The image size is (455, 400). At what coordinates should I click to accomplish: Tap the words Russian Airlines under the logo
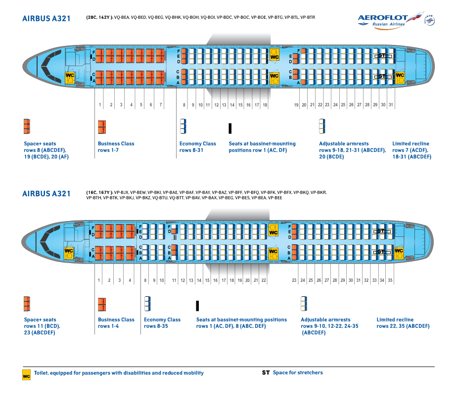tap(389, 24)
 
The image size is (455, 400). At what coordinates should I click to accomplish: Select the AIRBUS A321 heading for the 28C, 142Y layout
tap(46, 18)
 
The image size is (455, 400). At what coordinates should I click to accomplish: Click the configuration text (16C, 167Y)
tap(98, 192)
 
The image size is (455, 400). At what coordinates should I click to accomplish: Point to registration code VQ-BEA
tap(123, 17)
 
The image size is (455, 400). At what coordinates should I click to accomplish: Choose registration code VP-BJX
tap(122, 192)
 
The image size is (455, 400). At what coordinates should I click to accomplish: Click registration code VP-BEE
tap(274, 198)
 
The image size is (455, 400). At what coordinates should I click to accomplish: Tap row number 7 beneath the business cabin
tap(160, 105)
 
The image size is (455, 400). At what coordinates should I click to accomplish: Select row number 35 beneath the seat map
tap(390, 280)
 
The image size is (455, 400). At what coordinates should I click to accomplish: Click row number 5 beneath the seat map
tap(141, 105)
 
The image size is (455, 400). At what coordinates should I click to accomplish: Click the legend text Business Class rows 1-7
tap(116, 147)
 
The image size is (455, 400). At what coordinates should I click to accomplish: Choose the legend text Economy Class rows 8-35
tap(162, 323)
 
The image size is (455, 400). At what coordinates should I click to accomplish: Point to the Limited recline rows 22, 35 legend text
tap(403, 323)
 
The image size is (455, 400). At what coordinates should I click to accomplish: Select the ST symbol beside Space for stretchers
tap(266, 373)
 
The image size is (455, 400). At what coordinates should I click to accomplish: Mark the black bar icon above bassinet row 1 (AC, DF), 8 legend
tap(198, 305)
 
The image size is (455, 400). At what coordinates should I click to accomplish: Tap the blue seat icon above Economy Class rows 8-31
tap(182, 127)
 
